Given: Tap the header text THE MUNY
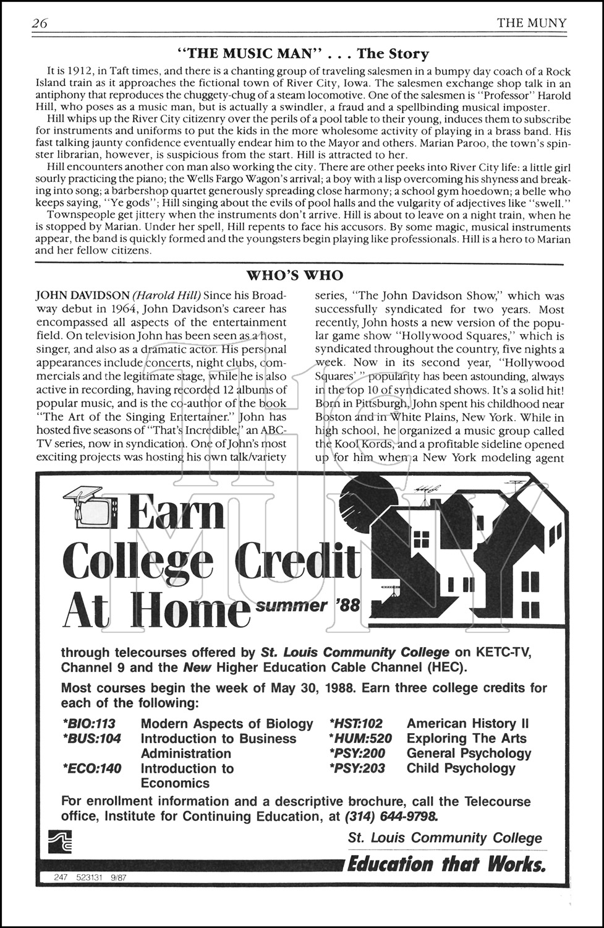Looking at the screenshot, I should pos(531,24).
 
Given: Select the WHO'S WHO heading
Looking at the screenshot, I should pos(295,275).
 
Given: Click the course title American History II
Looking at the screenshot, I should pos(467,723).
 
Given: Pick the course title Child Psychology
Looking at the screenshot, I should pos(461,768).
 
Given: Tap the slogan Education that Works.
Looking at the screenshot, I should pos(446,864).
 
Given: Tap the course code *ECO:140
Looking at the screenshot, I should pos(91,768).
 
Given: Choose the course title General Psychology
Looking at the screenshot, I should pos(469,753).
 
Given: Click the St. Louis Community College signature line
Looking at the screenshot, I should pos(444,838).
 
